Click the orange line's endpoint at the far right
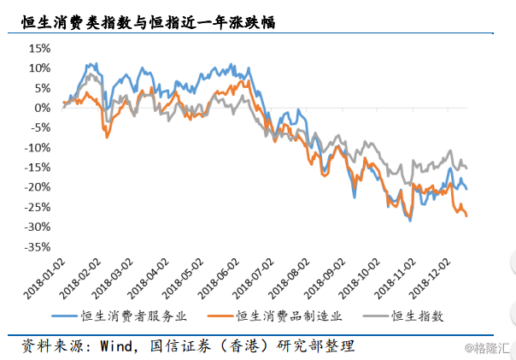pyautogui.click(x=466, y=215)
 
